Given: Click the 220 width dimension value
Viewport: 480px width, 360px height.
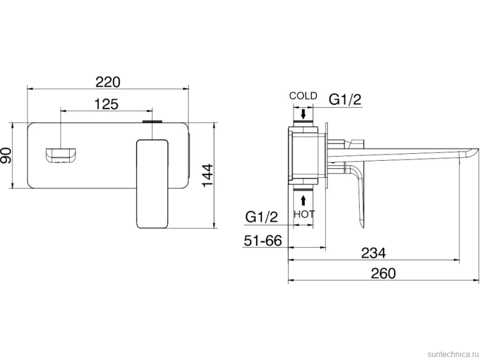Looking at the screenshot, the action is pyautogui.click(x=108, y=82).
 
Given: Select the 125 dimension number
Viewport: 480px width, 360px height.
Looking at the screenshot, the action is pyautogui.click(x=106, y=104).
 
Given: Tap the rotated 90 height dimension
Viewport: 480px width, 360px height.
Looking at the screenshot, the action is pyautogui.click(x=6, y=155).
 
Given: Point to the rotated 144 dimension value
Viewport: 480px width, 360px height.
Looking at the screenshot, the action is pyautogui.click(x=207, y=175).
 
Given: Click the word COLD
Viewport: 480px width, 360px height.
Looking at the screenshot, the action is pyautogui.click(x=303, y=96).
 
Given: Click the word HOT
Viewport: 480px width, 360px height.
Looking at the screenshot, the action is pyautogui.click(x=304, y=214).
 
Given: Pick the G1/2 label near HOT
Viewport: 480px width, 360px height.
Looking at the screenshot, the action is pyautogui.click(x=261, y=217).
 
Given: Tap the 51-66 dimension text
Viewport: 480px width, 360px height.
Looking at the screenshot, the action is pyautogui.click(x=263, y=240).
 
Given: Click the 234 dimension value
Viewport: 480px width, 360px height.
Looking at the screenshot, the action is pyautogui.click(x=374, y=253).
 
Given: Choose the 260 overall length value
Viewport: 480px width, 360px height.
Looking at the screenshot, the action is pyautogui.click(x=384, y=273).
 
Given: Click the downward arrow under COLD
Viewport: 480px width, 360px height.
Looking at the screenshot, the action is pyautogui.click(x=303, y=114).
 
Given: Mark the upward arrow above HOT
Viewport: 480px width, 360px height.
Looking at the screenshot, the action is pyautogui.click(x=303, y=201).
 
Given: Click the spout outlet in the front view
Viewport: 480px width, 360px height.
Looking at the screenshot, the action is pyautogui.click(x=61, y=155).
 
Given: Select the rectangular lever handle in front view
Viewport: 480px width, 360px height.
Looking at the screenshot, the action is pyautogui.click(x=152, y=184).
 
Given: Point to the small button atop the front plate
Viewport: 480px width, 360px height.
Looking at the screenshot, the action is pyautogui.click(x=152, y=122).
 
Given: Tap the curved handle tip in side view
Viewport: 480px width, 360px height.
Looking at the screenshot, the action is pyautogui.click(x=361, y=224).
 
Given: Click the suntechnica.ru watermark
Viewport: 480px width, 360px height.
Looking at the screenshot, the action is pyautogui.click(x=453, y=354).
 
